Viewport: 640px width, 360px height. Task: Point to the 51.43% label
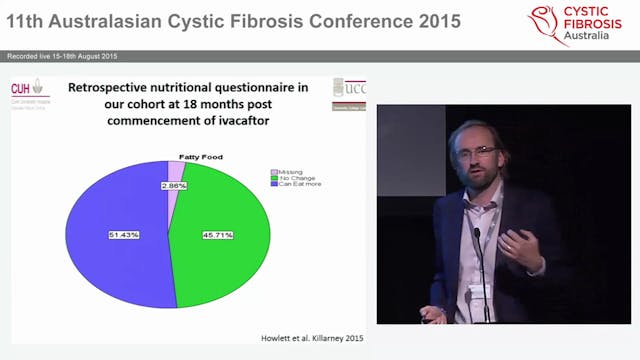(125, 235)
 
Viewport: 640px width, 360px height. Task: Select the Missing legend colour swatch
(274, 171)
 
